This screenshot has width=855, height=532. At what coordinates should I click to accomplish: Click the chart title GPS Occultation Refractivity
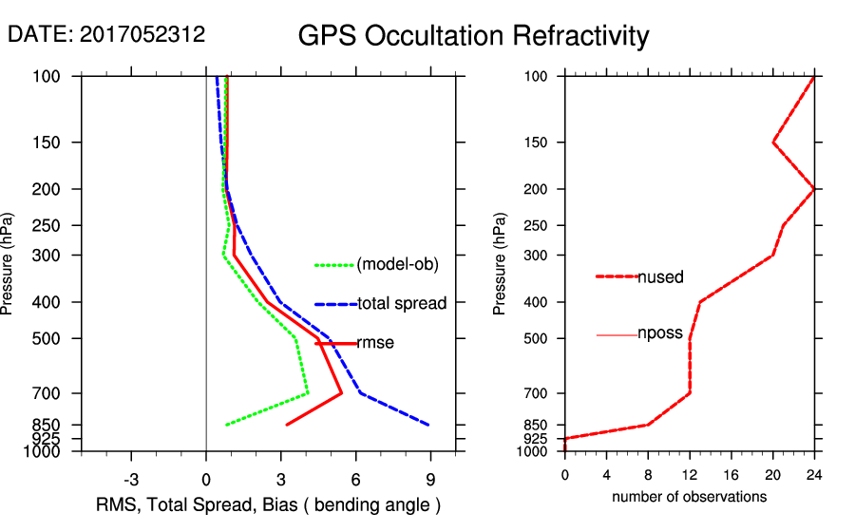click(x=473, y=36)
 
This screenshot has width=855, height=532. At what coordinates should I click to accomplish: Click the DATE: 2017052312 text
click(x=106, y=35)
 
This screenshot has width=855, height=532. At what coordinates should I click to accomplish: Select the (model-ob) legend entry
click(x=397, y=265)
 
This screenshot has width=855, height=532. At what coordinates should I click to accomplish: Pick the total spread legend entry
click(x=402, y=304)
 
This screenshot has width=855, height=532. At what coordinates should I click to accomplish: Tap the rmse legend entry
click(x=375, y=343)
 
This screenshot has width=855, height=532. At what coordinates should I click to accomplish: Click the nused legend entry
click(x=660, y=276)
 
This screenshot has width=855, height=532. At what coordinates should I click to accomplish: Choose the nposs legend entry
click(x=661, y=334)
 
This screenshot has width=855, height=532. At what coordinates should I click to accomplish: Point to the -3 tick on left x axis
click(x=131, y=479)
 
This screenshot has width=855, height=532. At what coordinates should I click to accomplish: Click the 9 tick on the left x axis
click(x=430, y=479)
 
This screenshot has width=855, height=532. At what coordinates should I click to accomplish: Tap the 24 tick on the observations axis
click(x=814, y=474)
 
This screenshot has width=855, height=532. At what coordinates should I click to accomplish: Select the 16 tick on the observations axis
click(x=731, y=474)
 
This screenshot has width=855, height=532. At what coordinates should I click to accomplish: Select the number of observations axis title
click(x=689, y=497)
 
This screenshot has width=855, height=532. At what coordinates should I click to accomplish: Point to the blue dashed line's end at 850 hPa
click(x=429, y=425)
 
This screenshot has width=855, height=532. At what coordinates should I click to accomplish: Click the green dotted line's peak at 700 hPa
click(x=308, y=393)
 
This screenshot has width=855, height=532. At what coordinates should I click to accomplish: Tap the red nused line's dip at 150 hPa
click(x=773, y=142)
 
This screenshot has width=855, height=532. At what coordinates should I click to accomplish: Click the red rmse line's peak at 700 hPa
click(x=342, y=393)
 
